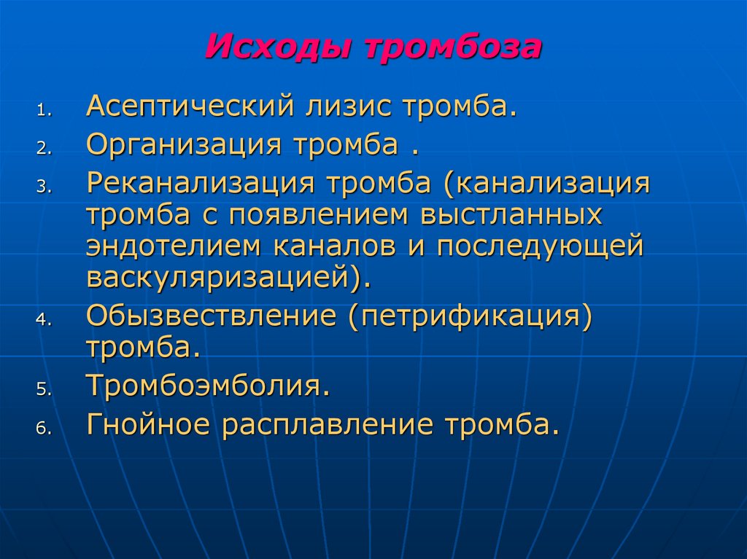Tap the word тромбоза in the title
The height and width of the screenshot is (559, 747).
click(452, 47)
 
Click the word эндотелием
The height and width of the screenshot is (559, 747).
click(175, 246)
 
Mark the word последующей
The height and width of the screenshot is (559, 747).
click(541, 246)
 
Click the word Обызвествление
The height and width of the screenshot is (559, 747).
click(211, 316)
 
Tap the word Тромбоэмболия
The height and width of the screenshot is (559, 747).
click(204, 386)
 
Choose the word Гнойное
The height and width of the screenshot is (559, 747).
click(149, 423)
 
